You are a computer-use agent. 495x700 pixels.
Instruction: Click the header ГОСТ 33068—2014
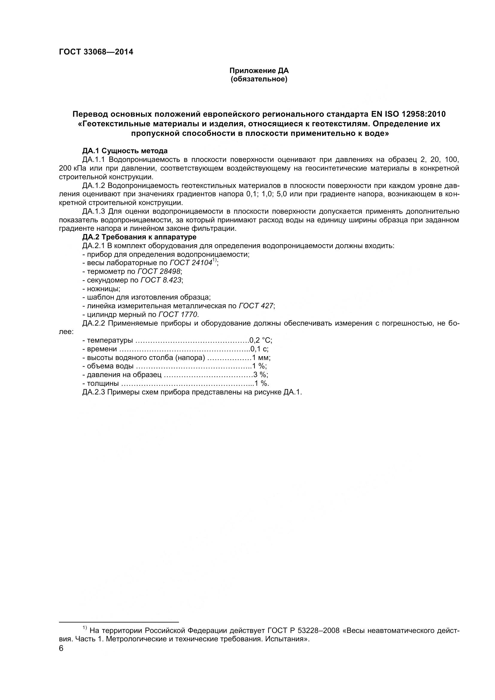pyautogui.click(x=96, y=52)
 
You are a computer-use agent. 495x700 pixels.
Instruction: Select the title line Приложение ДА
pyautogui.click(x=259, y=71)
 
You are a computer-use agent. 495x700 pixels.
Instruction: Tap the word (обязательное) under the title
pyautogui.click(x=259, y=80)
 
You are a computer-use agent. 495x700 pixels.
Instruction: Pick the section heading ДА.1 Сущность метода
pyautogui.click(x=125, y=151)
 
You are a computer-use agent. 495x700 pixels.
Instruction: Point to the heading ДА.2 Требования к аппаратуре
pyautogui.click(x=139, y=237)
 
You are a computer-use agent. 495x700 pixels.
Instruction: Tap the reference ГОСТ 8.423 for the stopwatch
pyautogui.click(x=161, y=280)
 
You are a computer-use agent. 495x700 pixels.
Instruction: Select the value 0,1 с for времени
pyautogui.click(x=259, y=349)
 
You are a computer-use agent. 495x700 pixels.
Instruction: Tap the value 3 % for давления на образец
pyautogui.click(x=261, y=375)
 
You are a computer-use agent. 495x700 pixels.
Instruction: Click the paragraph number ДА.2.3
pyautogui.click(x=94, y=392)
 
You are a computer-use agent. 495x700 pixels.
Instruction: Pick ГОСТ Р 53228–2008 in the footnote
pyautogui.click(x=303, y=630)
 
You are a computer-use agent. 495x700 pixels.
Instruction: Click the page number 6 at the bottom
pyautogui.click(x=61, y=649)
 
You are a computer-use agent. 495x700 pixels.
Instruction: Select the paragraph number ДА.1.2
pyautogui.click(x=94, y=185)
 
